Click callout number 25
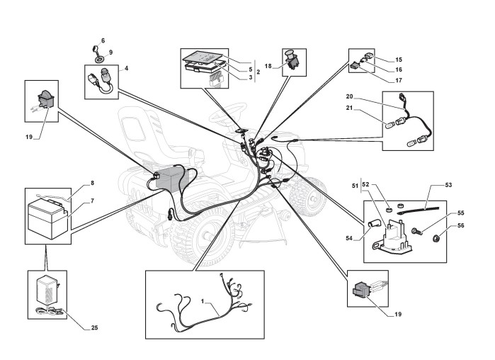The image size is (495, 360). coord(94,327)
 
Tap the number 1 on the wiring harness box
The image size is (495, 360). coord(203,301)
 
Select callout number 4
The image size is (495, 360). coord(126,69)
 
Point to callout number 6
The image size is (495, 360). coord(102,40)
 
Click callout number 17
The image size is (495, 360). coord(399,80)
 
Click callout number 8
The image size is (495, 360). coord(91,184)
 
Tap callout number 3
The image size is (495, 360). coord(250,77)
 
